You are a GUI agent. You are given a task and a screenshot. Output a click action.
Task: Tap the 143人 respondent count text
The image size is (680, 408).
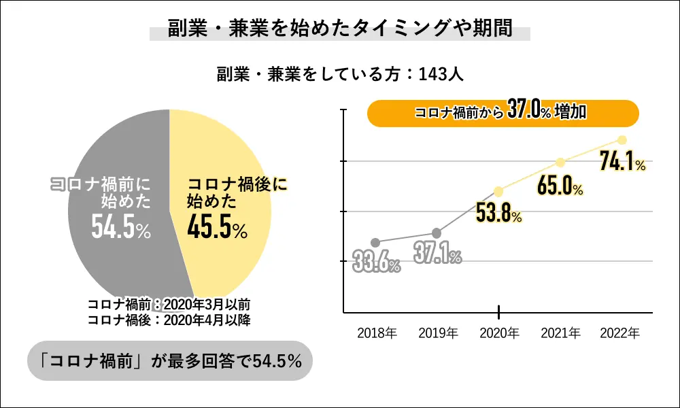(x=441, y=74)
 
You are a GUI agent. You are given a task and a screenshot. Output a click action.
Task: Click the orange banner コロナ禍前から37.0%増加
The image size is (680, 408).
(x=503, y=113)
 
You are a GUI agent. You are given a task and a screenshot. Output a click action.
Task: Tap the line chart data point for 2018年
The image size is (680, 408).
(x=375, y=242)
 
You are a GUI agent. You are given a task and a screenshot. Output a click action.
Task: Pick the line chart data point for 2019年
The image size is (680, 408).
(x=437, y=233)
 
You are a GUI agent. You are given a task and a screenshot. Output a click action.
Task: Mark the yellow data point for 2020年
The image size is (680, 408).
(x=498, y=191)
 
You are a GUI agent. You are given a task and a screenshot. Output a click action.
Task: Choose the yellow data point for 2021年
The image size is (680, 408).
(x=560, y=162)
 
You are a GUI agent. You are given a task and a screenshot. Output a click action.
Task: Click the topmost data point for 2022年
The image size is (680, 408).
(x=622, y=140)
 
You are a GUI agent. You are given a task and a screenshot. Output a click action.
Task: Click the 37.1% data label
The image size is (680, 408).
(x=437, y=254)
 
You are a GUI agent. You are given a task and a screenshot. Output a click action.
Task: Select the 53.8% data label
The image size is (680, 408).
(x=498, y=214)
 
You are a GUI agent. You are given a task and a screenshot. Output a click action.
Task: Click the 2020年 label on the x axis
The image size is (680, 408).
(x=499, y=334)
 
